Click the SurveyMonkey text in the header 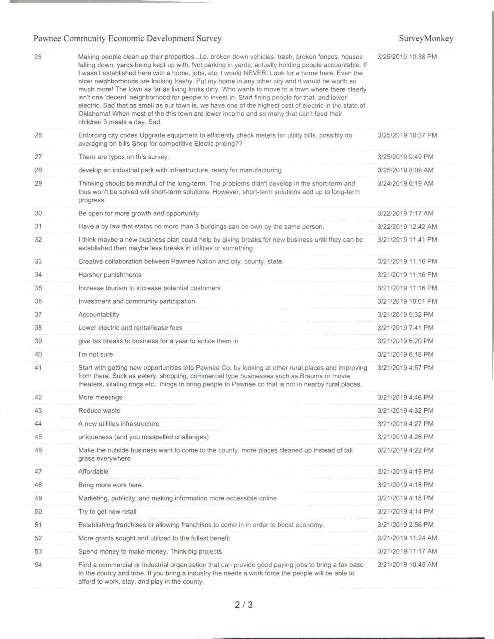(426, 38)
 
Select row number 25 (38, 57)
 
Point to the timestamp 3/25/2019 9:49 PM (405, 157)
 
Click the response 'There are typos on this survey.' (124, 157)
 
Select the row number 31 (38, 226)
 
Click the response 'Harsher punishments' (110, 275)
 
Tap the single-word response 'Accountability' (99, 315)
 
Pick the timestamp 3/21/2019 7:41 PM (405, 328)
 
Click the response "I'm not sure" (95, 354)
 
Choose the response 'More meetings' (100, 397)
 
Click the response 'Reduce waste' (99, 411)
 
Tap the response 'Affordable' (93, 472)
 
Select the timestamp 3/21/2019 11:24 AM (407, 538)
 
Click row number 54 (38, 565)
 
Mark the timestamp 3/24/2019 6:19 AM (405, 184)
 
